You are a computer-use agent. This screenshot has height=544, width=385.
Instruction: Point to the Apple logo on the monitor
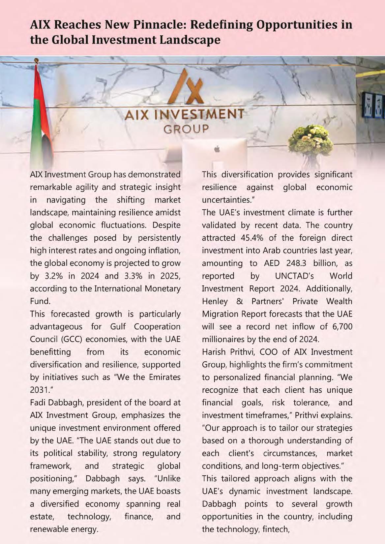[217, 149]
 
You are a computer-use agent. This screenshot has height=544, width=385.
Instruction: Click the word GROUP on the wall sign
[186, 129]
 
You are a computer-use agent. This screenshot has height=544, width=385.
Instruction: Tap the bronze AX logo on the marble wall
[189, 87]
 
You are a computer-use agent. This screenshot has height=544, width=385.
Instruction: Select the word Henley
[215, 301]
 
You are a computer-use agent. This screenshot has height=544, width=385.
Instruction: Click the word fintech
[274, 529]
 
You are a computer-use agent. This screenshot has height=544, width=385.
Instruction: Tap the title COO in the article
[269, 352]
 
